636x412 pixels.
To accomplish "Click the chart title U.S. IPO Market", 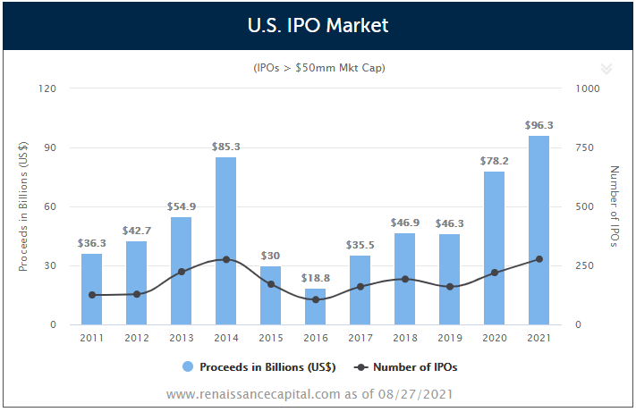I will coord(318,25).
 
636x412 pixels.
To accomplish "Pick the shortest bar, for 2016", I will coord(316,307).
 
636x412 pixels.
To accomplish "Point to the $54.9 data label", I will coord(182,206).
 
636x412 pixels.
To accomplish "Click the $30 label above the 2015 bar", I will coord(271,256).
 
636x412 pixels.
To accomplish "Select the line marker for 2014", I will coord(226,259).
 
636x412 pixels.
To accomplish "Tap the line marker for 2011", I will coord(92,295).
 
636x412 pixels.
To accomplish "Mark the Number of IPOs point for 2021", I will coord(538,259).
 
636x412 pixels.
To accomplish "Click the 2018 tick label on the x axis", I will coord(404,337).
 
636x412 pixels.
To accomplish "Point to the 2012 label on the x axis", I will coord(137,337).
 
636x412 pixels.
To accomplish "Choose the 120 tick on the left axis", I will coord(47,88).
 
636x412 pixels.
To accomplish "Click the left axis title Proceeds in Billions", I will coord(24,206).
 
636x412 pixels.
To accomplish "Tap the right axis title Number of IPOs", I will coord(614,206).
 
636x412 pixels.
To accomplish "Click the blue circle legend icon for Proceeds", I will coord(188,366).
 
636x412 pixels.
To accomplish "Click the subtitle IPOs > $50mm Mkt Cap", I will coord(319,68).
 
